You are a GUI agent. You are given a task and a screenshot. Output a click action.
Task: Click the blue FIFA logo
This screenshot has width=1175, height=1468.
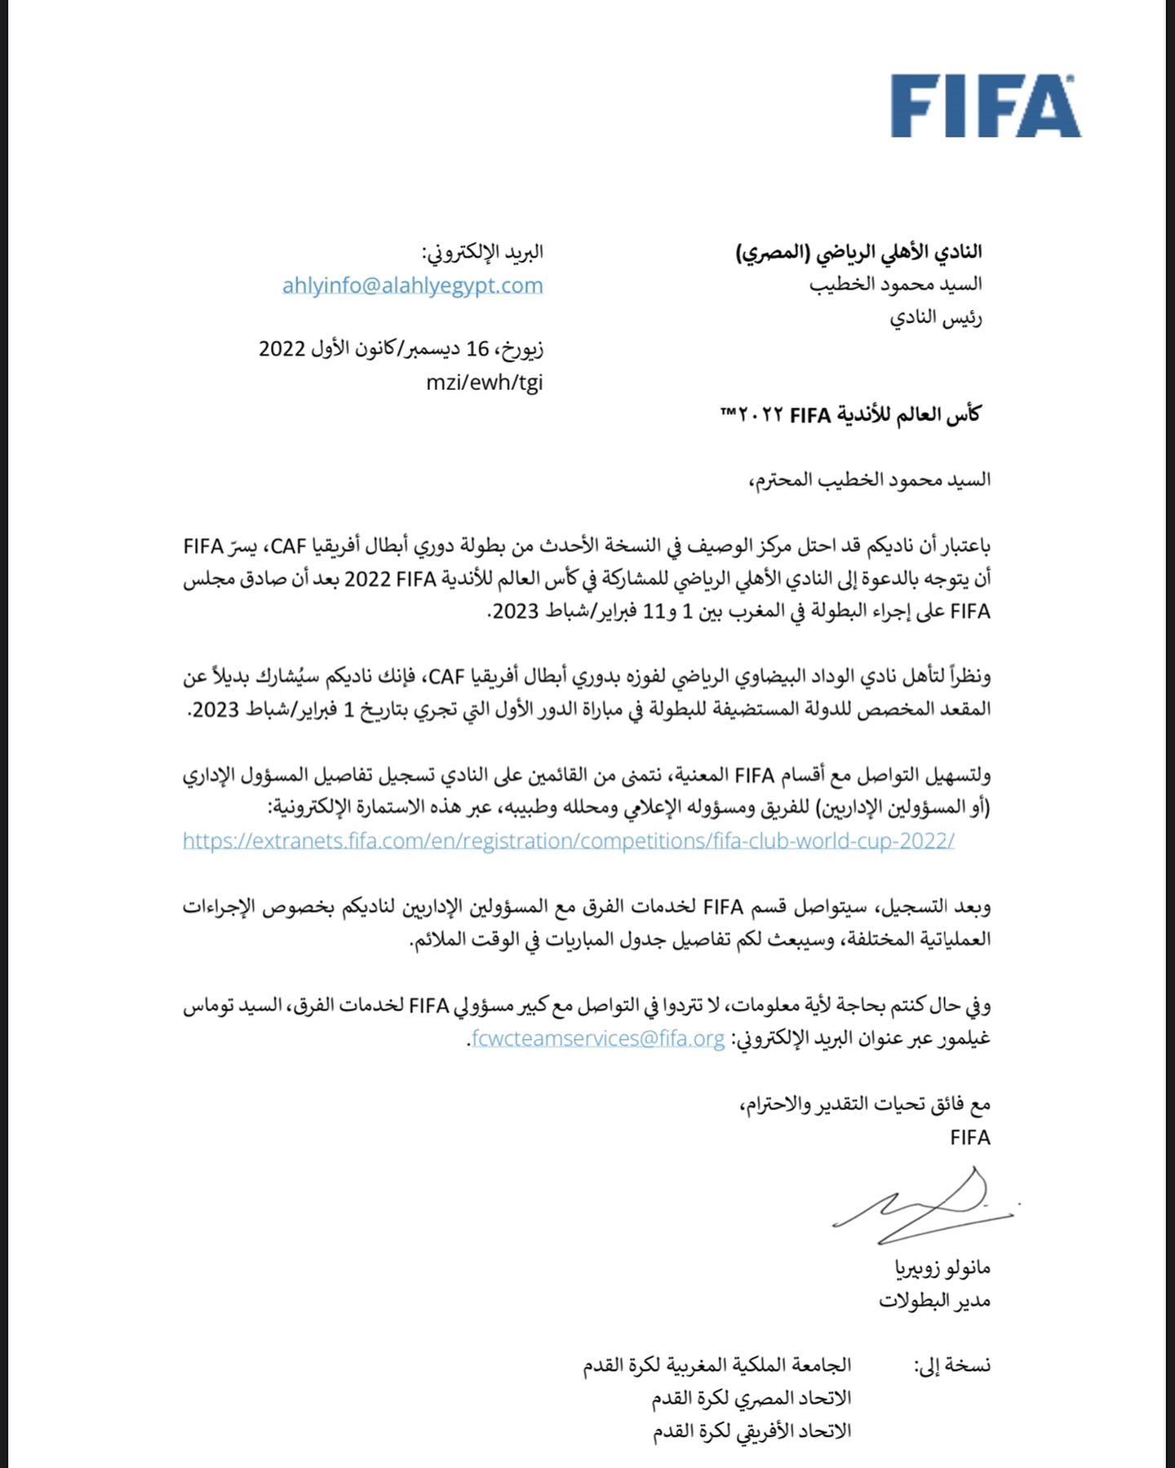(x=985, y=106)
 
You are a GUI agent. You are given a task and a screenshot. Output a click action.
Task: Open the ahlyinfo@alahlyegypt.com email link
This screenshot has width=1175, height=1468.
(x=412, y=285)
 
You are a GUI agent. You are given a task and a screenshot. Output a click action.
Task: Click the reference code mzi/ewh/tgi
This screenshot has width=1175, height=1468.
(x=484, y=382)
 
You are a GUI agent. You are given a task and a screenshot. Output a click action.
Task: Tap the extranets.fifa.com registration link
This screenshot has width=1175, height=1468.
(x=569, y=841)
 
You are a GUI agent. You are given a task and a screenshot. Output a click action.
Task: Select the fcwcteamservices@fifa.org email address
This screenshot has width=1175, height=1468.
(x=598, y=1038)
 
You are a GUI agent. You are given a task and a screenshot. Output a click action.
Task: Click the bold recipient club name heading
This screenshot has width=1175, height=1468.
(x=859, y=252)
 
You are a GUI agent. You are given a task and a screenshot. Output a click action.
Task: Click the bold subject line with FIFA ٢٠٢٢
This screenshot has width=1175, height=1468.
(x=850, y=415)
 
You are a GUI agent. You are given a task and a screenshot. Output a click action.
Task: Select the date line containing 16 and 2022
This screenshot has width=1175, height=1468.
(x=401, y=349)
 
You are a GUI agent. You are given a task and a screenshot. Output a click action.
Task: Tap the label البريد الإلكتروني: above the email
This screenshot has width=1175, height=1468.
(x=482, y=252)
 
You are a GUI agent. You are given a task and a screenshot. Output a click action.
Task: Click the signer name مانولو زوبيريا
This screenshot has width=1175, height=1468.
(x=942, y=1268)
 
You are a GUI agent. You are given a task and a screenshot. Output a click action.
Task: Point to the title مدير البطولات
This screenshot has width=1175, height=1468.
(x=934, y=1301)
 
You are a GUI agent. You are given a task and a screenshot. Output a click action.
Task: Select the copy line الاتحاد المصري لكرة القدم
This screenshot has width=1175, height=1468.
(x=751, y=1399)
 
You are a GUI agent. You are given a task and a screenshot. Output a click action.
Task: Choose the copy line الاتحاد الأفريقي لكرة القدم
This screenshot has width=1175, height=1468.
(x=752, y=1431)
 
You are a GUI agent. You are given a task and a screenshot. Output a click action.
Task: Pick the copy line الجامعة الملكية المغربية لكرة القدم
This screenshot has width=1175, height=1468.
(x=716, y=1365)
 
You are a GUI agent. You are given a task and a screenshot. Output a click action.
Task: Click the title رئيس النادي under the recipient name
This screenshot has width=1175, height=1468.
(x=935, y=318)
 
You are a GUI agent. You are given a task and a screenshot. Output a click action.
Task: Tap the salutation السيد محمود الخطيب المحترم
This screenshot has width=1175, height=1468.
(x=870, y=480)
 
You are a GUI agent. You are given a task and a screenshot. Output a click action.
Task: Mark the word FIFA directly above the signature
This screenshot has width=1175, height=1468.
(x=969, y=1137)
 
